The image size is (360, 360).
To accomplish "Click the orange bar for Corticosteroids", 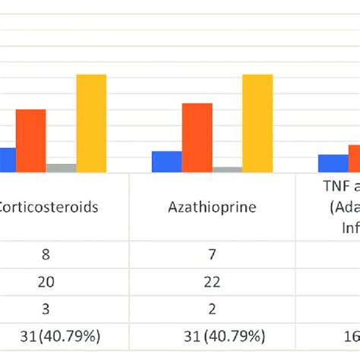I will [x=30, y=141].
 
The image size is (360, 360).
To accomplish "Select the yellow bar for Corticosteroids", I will [x=91, y=123].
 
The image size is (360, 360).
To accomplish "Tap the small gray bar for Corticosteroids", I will [x=61, y=168].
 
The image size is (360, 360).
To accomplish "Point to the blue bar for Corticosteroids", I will [x=7, y=159].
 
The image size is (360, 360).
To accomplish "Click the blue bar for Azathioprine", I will [x=166, y=162].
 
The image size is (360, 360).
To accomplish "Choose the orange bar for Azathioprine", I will [x=197, y=137].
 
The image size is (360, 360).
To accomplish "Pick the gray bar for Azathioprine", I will [x=227, y=169].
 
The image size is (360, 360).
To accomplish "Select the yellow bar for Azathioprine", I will [x=257, y=123].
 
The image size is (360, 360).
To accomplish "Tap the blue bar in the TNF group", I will [x=332, y=163].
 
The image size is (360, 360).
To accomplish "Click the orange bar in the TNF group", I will [x=354, y=158].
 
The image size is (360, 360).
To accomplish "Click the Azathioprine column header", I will [x=212, y=207].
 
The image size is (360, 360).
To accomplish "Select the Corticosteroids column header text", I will [x=49, y=207].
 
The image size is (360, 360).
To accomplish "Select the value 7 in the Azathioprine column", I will [x=212, y=251].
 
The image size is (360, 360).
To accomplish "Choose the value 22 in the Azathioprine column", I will [x=212, y=281].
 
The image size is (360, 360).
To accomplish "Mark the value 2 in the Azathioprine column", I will [x=212, y=310].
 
